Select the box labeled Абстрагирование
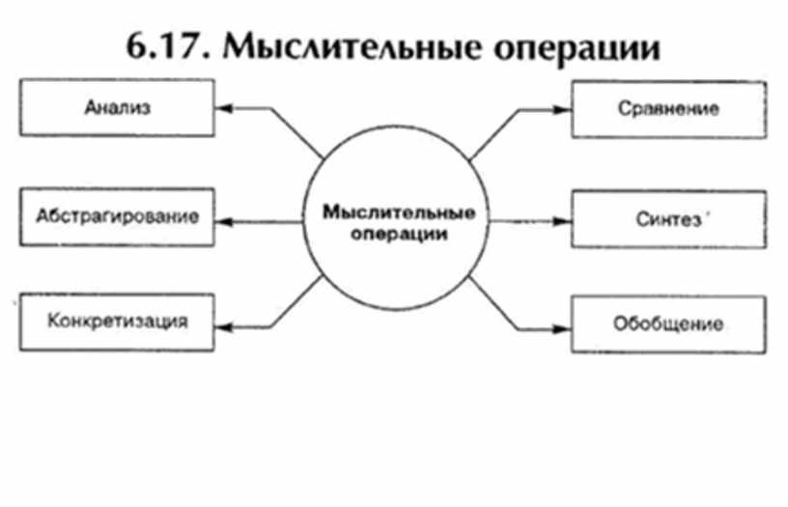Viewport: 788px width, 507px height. pos(116,217)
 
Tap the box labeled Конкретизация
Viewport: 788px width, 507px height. pos(116,322)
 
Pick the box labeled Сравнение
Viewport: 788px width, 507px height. pos(668,108)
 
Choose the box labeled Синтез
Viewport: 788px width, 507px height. pos(668,218)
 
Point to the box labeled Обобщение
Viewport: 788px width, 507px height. pos(668,323)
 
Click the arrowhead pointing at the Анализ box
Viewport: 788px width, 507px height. pos(222,107)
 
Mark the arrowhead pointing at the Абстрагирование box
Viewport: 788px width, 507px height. pos(222,221)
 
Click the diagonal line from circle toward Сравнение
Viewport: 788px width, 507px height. pos(493,134)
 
